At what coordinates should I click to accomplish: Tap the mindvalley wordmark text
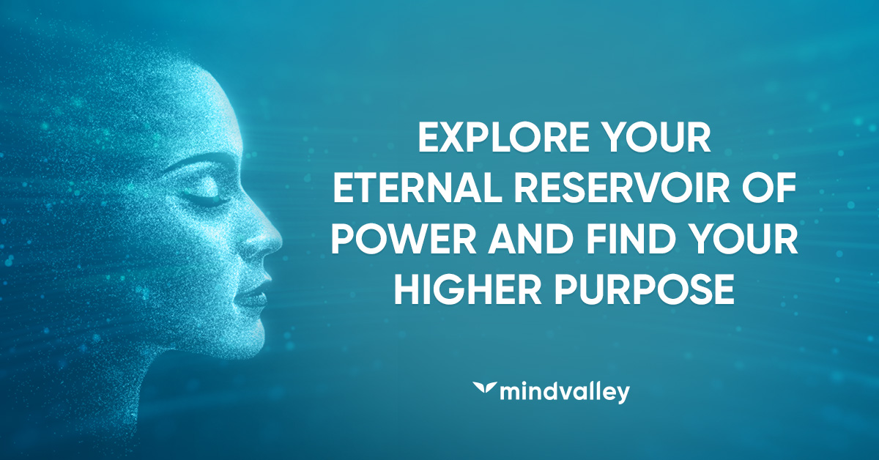click(565, 393)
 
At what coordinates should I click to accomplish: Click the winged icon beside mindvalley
click(485, 387)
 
